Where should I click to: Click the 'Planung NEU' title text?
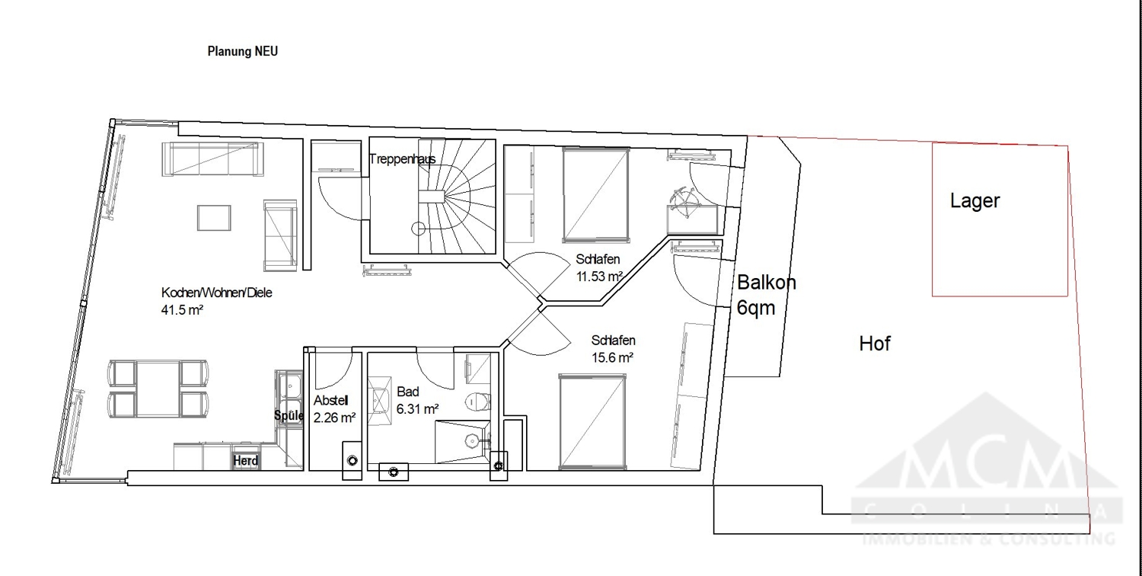click(x=242, y=52)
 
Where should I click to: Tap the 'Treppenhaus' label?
click(x=402, y=159)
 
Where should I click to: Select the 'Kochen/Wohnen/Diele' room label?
click(x=217, y=293)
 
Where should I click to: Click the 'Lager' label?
click(x=975, y=201)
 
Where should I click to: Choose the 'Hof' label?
click(x=874, y=344)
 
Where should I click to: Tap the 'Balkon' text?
click(x=767, y=283)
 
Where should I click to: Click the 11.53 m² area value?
click(x=600, y=277)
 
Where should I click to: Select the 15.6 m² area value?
click(x=612, y=357)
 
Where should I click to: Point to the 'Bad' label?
click(x=408, y=392)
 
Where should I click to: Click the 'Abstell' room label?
click(x=331, y=402)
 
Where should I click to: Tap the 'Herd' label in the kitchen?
click(x=246, y=461)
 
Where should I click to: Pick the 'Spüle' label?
click(x=289, y=416)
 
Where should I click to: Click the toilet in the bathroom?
click(x=476, y=400)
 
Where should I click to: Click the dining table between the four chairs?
click(x=158, y=389)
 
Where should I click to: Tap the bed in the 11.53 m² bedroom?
click(x=596, y=194)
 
